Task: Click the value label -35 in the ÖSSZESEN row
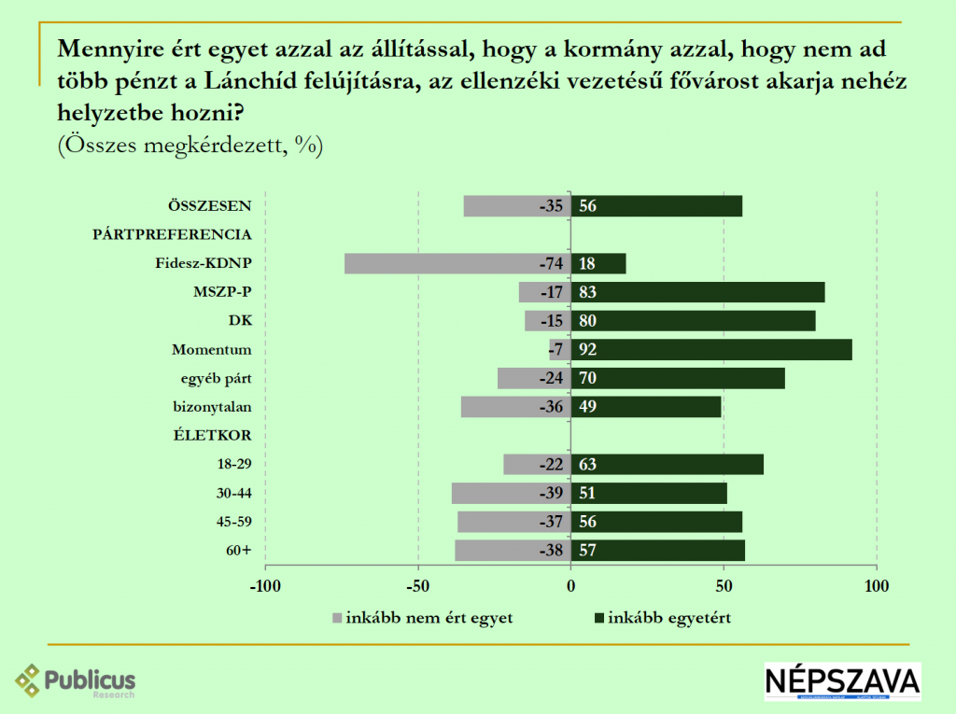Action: click(x=552, y=206)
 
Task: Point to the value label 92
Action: click(x=587, y=350)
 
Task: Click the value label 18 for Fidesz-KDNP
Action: click(x=587, y=263)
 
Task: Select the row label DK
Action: click(x=241, y=321)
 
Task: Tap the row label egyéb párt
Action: click(x=217, y=378)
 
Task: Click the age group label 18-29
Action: click(x=233, y=464)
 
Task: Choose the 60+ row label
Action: click(x=239, y=550)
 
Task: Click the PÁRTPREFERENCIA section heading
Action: click(x=173, y=234)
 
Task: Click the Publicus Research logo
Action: click(x=76, y=680)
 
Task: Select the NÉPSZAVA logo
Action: click(x=842, y=681)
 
